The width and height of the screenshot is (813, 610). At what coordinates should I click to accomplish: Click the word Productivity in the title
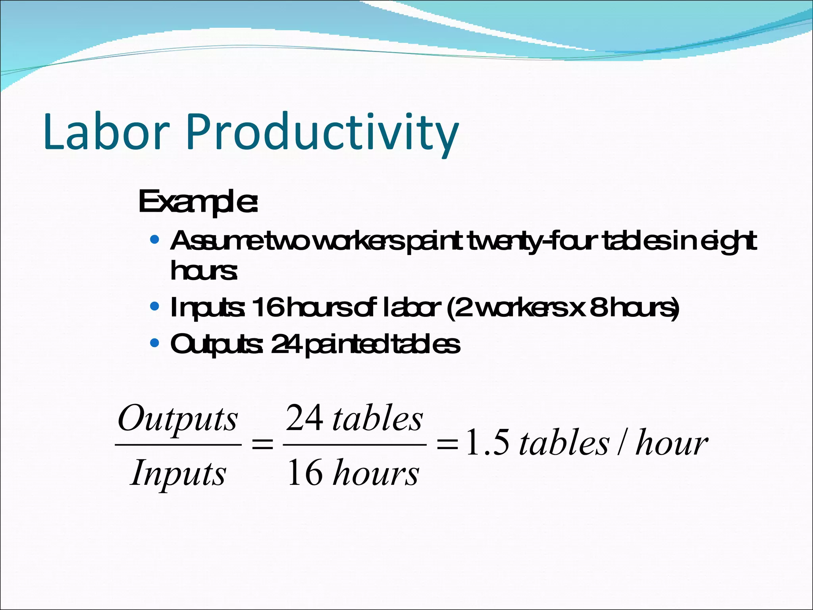(322, 133)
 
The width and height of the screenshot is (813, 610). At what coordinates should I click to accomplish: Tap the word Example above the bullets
(198, 203)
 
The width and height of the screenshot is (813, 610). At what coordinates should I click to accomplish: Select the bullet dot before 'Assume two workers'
(155, 240)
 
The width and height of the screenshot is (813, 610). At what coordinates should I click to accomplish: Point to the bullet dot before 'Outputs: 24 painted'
(155, 343)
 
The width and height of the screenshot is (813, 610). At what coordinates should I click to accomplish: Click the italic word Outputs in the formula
(177, 419)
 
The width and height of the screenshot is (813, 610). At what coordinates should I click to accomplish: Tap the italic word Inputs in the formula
(178, 473)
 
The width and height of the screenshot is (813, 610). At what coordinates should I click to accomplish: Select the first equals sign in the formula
(262, 444)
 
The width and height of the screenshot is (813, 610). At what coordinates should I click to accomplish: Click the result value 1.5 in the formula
(487, 442)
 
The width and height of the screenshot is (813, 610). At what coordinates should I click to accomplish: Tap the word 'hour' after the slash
(672, 442)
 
